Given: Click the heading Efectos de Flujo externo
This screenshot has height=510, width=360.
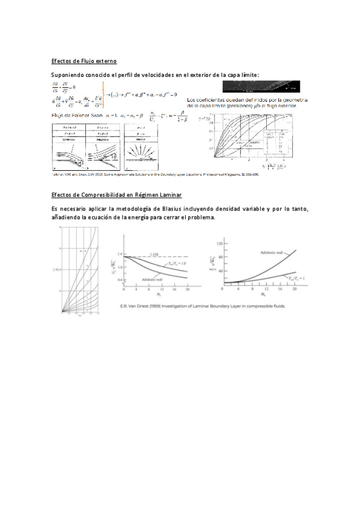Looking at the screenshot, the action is pyautogui.click(x=84, y=61).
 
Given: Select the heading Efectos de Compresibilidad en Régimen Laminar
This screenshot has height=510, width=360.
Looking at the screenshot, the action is pyautogui.click(x=117, y=195).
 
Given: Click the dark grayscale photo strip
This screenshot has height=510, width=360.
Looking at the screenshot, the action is pyautogui.click(x=261, y=86).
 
